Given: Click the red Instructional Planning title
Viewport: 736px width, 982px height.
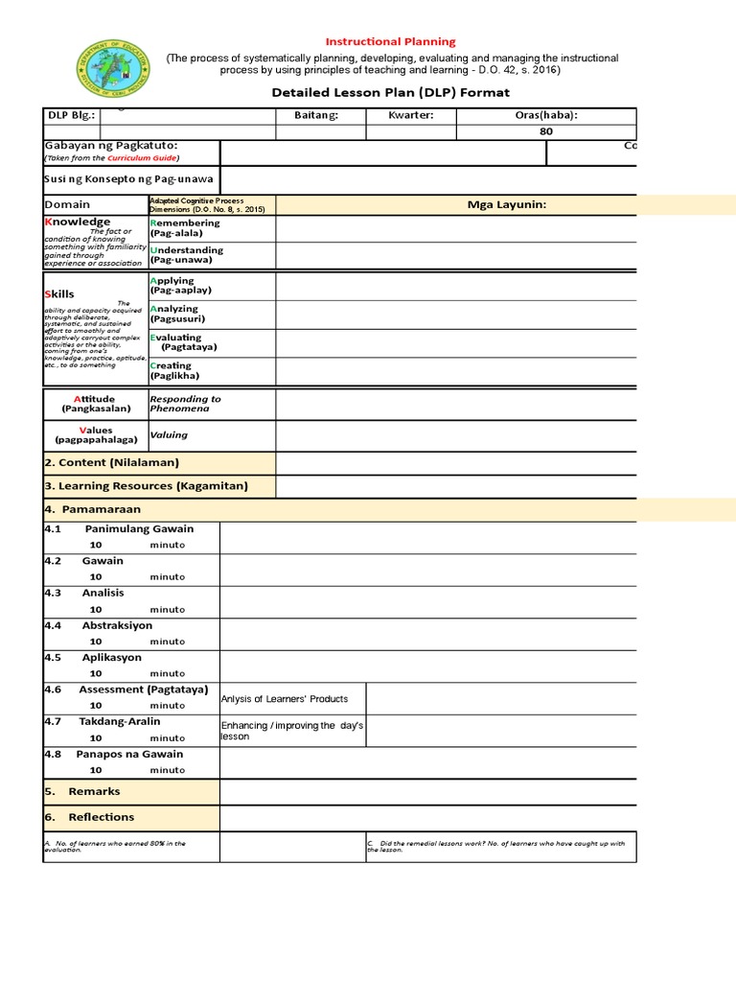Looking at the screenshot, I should pyautogui.click(x=391, y=42).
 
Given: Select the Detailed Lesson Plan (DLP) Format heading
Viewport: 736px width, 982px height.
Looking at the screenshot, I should pyautogui.click(x=391, y=93).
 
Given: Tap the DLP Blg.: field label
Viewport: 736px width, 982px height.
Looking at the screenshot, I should pyautogui.click(x=71, y=116).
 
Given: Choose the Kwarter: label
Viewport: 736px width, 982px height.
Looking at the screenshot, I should pyautogui.click(x=411, y=116).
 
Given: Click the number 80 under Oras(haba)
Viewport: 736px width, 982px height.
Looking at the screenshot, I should pyautogui.click(x=546, y=131).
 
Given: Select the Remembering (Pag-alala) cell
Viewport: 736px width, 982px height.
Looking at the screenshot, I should pyautogui.click(x=185, y=228).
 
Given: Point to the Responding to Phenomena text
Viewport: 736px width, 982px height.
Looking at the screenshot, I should pyautogui.click(x=185, y=404).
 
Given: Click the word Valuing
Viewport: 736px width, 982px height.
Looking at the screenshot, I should pyautogui.click(x=169, y=434).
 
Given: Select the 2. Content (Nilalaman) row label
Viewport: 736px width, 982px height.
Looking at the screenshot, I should pyautogui.click(x=112, y=462).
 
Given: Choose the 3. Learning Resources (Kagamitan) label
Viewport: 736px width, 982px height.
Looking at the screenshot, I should pyautogui.click(x=146, y=486).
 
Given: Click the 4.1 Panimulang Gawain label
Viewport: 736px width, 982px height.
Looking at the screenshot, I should pyautogui.click(x=120, y=529).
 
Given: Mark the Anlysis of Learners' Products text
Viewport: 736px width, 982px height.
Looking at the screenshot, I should pyautogui.click(x=285, y=699).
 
